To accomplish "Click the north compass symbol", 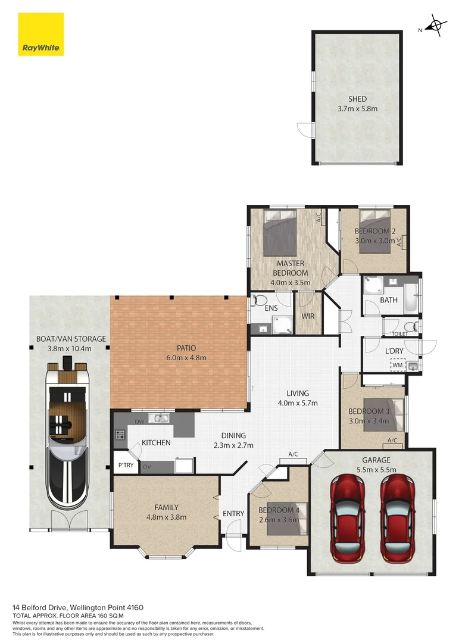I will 436,26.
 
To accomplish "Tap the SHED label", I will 357,99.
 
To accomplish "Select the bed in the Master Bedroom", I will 280,235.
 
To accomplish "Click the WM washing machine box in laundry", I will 397,364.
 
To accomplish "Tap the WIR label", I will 308,316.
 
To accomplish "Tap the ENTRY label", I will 233,514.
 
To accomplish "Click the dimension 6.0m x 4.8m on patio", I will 177,358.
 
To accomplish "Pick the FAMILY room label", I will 166,507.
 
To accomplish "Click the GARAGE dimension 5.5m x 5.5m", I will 376,469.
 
